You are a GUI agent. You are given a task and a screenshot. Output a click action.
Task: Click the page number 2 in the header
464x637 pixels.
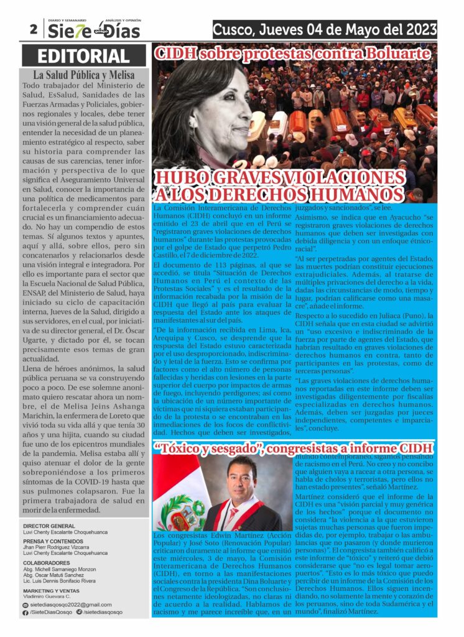tap(32, 29)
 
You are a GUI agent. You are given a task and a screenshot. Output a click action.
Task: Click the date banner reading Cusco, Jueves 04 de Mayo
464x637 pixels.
tap(324, 29)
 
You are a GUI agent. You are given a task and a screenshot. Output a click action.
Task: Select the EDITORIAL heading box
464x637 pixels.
tap(83, 55)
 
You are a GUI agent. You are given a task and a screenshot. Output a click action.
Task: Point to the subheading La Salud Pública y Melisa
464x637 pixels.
tap(83, 76)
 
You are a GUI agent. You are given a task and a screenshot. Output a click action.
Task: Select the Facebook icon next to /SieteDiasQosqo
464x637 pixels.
tap(25, 612)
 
